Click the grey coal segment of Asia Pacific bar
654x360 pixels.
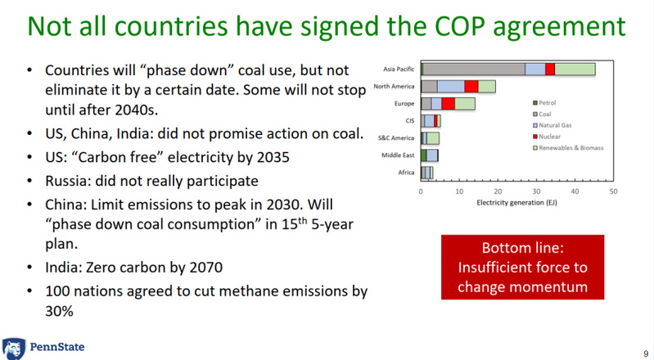[474, 69]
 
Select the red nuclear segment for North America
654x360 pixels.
[471, 86]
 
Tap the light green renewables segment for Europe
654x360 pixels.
[464, 103]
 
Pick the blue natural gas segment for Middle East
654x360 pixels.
[432, 155]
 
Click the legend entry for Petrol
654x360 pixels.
[548, 102]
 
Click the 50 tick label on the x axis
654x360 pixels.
[613, 191]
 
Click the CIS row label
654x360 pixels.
[408, 121]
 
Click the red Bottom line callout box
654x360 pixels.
[523, 267]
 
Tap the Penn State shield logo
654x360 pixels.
[12, 348]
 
